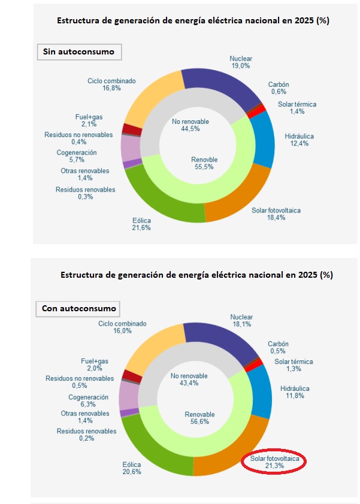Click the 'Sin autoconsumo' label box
pyautogui.click(x=79, y=52)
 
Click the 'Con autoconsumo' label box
pyautogui.click(x=79, y=309)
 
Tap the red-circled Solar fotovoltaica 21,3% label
pyautogui.click(x=275, y=462)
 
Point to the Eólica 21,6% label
pyautogui.click(x=141, y=224)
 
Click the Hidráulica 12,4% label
pyautogui.click(x=299, y=141)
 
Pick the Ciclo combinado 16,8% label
pyautogui.click(x=112, y=84)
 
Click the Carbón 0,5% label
pyautogui.click(x=278, y=348)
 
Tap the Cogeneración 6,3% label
pyautogui.click(x=88, y=401)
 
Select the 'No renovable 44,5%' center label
pyautogui.click(x=190, y=125)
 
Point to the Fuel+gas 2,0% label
pyautogui.click(x=95, y=365)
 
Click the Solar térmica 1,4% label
pyautogui.click(x=297, y=108)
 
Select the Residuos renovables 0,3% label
pyautogui.click(x=85, y=193)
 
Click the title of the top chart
pyautogui.click(x=193, y=20)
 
